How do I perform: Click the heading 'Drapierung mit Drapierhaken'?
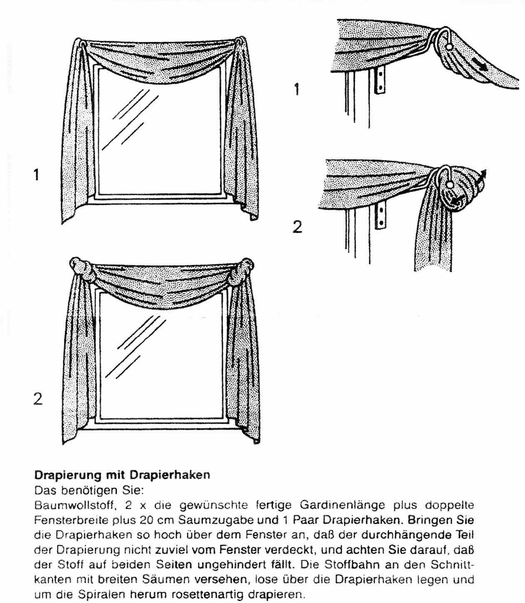point(122,475)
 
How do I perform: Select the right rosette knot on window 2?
point(246,268)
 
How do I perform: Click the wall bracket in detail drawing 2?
point(381,216)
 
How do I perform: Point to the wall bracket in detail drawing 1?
point(379,81)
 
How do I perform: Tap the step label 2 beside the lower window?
point(37,399)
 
